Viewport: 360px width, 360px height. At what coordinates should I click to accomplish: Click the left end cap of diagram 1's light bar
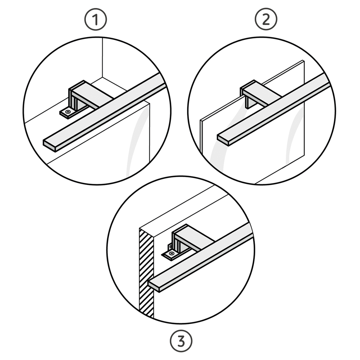(49, 145)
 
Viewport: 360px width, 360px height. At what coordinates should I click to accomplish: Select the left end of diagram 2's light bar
(223, 140)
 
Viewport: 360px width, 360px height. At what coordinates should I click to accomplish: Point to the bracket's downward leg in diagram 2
(249, 103)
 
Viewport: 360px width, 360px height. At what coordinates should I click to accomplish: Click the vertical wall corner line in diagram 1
(102, 57)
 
